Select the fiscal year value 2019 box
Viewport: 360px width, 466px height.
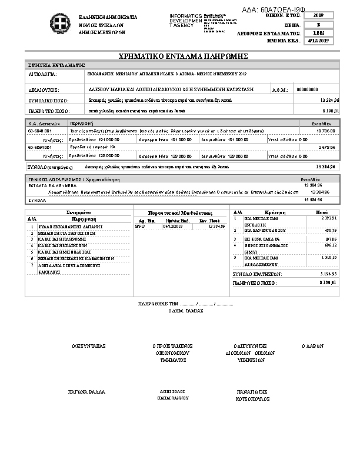(319, 15)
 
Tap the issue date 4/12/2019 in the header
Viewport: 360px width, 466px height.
(319, 41)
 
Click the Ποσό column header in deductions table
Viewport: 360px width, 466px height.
(322, 212)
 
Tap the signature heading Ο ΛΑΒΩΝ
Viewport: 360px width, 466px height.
(312, 346)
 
